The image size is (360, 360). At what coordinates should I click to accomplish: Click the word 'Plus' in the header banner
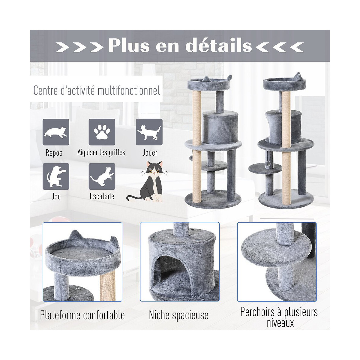129,46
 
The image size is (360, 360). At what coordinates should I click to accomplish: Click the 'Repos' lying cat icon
56,132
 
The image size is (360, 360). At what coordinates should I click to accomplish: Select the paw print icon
102,132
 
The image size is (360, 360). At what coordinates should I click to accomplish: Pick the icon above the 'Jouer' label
149,132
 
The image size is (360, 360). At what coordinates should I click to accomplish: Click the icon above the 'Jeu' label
56,176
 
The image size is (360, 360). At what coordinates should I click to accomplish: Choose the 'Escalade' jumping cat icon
102,176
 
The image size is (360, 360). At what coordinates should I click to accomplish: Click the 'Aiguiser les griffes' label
101,153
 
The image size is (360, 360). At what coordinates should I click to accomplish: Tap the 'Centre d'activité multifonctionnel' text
97,90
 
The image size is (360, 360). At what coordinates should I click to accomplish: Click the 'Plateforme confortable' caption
82,315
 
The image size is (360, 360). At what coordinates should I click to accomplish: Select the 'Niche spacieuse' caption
178,315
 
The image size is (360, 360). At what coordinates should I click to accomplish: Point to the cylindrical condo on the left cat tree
220,129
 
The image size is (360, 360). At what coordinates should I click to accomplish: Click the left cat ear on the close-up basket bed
75,236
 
